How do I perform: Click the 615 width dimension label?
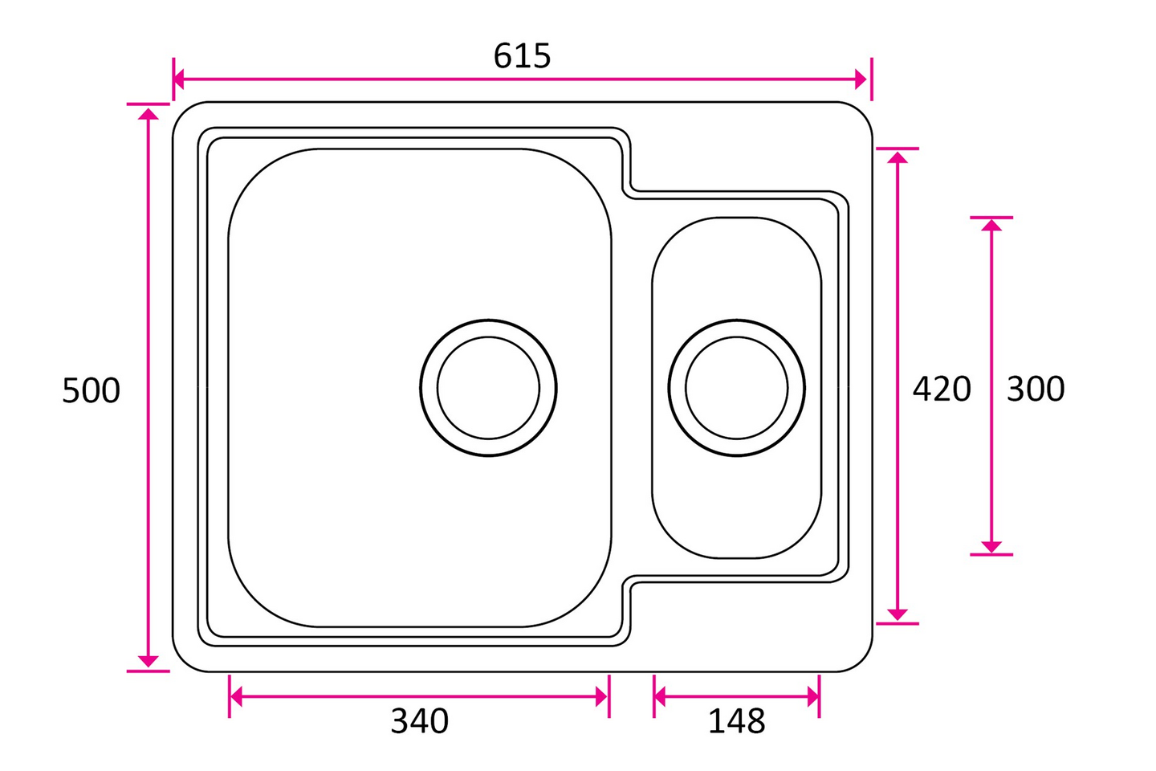pos(522,55)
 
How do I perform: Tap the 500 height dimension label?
pos(91,390)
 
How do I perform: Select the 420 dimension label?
pos(942,389)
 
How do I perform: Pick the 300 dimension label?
pos(1036,389)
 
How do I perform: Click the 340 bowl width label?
pos(420,721)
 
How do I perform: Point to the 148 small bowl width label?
pos(736,721)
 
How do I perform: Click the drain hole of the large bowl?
pos(488,388)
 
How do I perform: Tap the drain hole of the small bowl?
pos(736,388)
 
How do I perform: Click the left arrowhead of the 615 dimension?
pos(178,80)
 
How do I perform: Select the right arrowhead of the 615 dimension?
pos(861,80)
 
